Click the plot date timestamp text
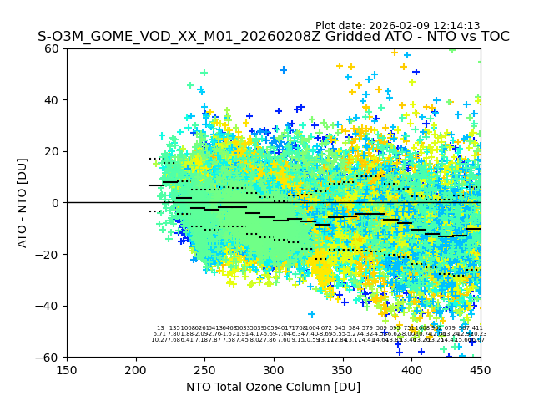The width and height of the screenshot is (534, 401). tap(397, 26)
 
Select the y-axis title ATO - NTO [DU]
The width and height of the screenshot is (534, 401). tap(23, 203)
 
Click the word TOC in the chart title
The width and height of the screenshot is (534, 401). tap(493, 37)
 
